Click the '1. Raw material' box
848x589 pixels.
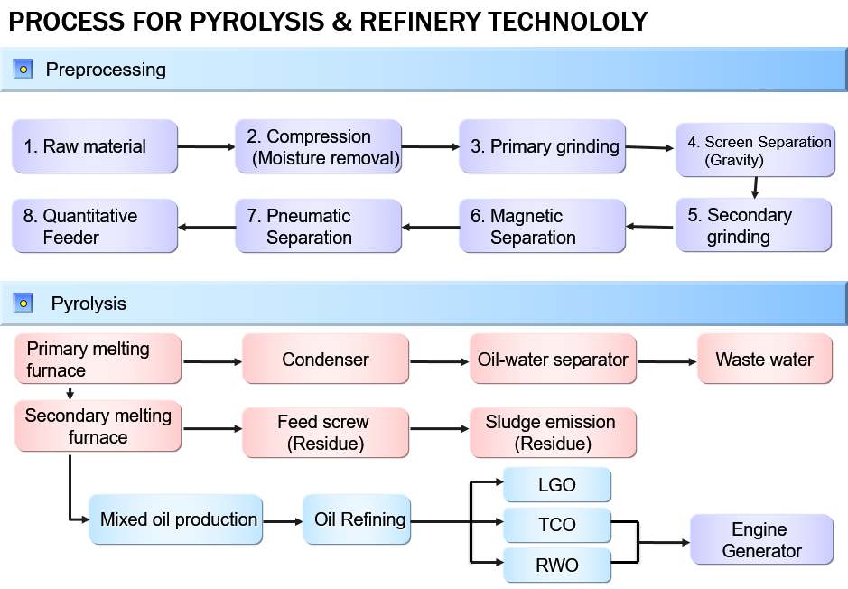coord(95,146)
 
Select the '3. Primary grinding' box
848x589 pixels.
coord(542,146)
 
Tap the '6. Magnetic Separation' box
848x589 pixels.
coord(542,226)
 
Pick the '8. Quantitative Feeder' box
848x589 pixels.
coord(95,226)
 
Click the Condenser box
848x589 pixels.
coord(325,360)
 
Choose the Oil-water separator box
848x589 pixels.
coord(553,360)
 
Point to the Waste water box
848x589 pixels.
coord(764,360)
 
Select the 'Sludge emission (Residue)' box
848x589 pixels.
coord(553,433)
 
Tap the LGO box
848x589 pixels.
coord(556,485)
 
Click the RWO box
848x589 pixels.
coord(556,566)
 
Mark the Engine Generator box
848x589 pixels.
coord(762,540)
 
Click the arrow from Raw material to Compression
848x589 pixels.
coord(206,146)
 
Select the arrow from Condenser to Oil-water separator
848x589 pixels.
coord(440,362)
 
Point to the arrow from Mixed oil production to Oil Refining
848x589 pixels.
coord(283,521)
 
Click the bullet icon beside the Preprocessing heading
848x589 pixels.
coord(23,70)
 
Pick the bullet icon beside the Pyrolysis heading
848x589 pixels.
coord(23,304)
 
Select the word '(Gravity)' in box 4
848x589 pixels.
coord(733,161)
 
